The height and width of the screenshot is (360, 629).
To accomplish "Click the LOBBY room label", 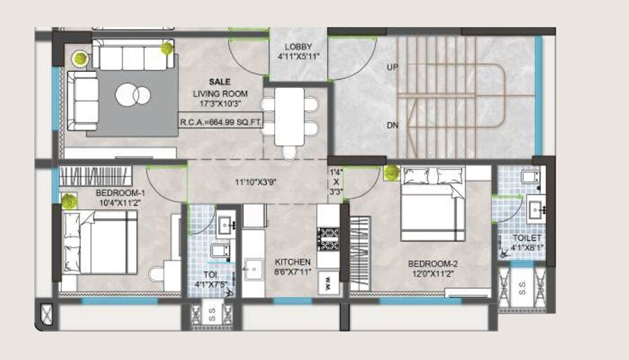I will (x=298, y=47).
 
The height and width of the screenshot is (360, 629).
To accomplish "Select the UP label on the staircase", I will (x=392, y=68).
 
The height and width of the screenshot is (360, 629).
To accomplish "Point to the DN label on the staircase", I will (x=392, y=126).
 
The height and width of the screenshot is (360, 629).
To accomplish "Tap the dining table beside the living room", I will (x=289, y=116).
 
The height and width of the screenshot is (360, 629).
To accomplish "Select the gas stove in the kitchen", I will (x=327, y=237).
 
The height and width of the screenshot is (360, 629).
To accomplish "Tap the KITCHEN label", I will (x=292, y=262).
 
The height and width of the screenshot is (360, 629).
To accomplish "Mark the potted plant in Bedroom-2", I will (x=391, y=171).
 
